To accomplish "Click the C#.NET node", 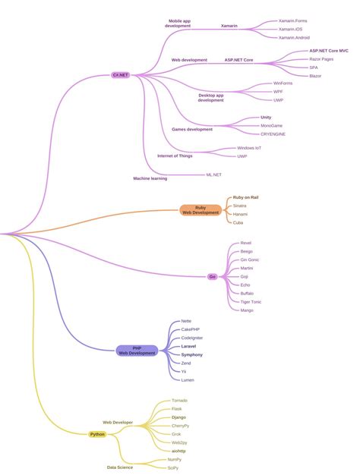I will (120, 75).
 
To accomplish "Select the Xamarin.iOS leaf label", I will (292, 29).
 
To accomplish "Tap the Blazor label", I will (315, 76).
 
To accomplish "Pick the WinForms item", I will (283, 83).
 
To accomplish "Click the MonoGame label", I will (271, 125).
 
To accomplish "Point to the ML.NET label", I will (213, 175).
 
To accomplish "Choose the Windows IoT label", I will (249, 148).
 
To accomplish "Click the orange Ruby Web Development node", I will (201, 210).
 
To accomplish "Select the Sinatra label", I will (239, 206).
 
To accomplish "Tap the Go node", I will (213, 277).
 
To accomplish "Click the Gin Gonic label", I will (249, 260).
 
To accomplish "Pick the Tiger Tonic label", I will (251, 301).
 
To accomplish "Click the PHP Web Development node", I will (137, 351).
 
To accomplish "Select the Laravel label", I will (188, 346).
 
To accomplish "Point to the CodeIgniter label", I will (191, 338).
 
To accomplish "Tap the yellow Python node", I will (97, 434).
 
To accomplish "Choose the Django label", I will (178, 417).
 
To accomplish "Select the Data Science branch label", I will (119, 467).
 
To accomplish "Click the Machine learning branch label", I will (150, 178).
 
